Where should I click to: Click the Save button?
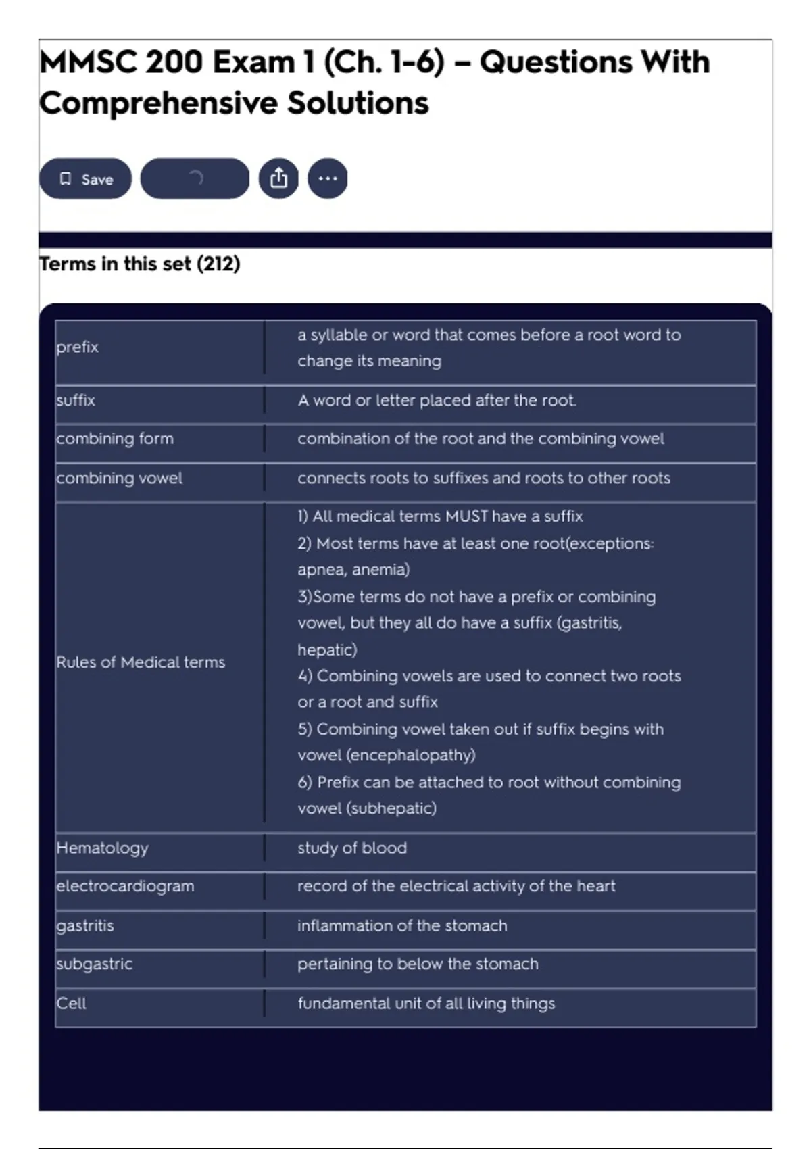tap(85, 179)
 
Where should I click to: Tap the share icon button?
tap(278, 178)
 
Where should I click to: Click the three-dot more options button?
tap(328, 178)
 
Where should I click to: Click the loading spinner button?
tap(195, 178)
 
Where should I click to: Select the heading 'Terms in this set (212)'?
tap(140, 264)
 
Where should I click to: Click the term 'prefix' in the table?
tap(78, 347)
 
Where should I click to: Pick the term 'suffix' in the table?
tap(76, 400)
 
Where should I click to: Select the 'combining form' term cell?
tap(115, 439)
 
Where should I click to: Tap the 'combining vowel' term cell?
tap(120, 478)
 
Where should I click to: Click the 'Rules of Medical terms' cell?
tap(141, 662)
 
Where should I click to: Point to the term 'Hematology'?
tap(103, 848)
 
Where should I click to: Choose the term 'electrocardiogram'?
tap(125, 886)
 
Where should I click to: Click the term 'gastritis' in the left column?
tap(85, 925)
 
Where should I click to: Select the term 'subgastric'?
tap(95, 964)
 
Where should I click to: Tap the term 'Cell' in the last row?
tap(71, 1003)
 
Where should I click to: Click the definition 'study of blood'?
tap(352, 848)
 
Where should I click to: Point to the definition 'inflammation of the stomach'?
tap(402, 925)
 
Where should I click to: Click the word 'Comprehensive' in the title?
tap(159, 103)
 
